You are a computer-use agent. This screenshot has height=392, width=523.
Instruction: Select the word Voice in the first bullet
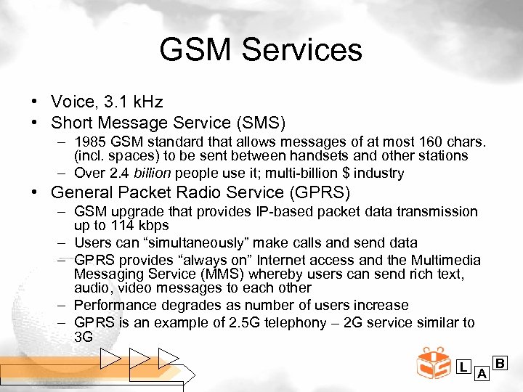point(70,101)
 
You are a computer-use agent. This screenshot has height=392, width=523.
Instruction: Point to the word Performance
point(116,305)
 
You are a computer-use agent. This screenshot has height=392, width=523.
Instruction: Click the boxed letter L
point(463,367)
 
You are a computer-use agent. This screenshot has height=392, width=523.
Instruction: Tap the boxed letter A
point(481,374)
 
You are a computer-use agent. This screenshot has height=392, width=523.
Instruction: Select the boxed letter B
point(500,362)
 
